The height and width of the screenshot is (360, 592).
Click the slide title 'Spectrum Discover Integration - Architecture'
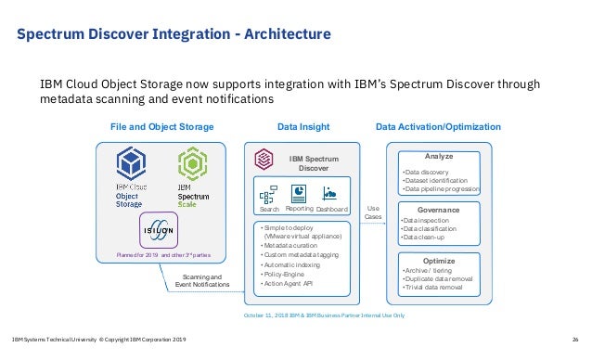[174, 35]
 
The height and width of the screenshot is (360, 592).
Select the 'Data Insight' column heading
[303, 126]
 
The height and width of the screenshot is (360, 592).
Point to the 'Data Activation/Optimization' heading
[438, 126]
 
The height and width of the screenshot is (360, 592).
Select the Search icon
[270, 194]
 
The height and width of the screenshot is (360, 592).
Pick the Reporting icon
[300, 193]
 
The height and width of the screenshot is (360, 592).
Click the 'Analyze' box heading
[438, 156]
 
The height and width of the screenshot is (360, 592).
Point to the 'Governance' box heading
[439, 210]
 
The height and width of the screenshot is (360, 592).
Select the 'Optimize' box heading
[438, 261]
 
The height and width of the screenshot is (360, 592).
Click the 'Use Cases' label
[373, 212]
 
